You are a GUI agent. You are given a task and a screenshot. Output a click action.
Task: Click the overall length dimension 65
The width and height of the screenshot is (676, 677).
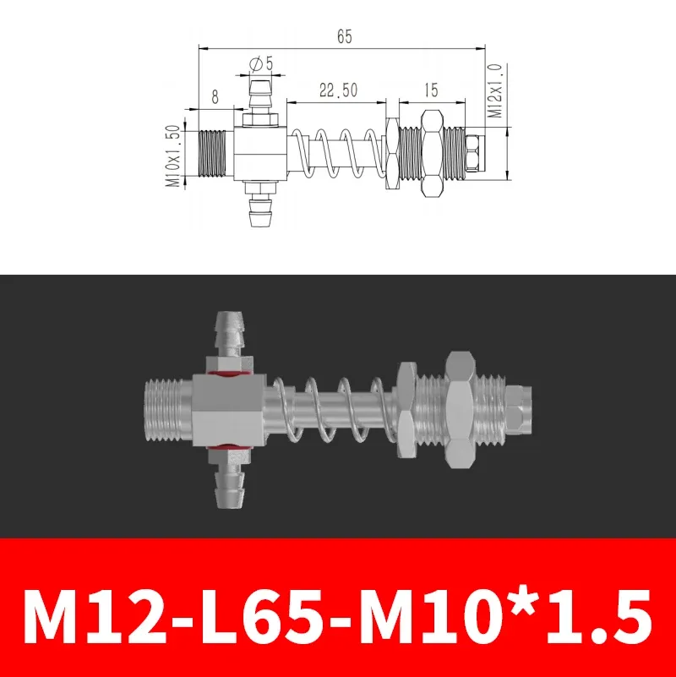point(344,36)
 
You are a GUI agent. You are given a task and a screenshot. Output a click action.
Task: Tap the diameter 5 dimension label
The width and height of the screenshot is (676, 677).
point(260,63)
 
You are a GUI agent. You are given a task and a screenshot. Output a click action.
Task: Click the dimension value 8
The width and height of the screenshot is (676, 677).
point(215,98)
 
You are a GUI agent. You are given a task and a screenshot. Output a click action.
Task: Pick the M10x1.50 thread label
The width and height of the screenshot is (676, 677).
point(172,155)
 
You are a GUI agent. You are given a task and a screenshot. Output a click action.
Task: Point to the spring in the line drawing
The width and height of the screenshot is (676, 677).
point(336,153)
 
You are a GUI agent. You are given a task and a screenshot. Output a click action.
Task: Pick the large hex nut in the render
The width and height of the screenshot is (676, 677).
point(459,407)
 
